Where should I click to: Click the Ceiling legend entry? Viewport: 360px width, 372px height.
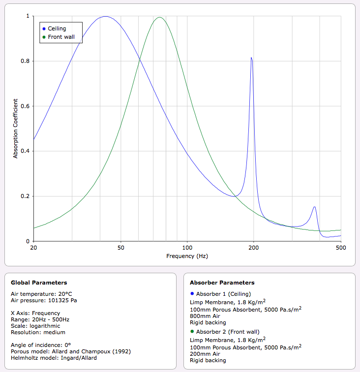(x=57, y=29)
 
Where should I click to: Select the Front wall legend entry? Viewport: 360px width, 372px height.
(x=61, y=37)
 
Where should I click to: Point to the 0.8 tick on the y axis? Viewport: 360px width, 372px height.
(x=27, y=61)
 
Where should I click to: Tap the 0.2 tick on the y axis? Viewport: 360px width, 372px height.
(x=27, y=197)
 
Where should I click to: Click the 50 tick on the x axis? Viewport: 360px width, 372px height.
(x=121, y=247)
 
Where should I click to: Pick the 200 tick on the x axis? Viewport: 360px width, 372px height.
(x=254, y=247)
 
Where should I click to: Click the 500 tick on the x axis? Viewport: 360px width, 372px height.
(x=341, y=247)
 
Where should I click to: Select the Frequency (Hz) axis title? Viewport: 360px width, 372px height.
(x=187, y=256)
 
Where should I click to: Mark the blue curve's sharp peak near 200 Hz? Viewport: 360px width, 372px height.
(x=251, y=58)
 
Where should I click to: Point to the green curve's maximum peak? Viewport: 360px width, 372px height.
(x=159, y=18)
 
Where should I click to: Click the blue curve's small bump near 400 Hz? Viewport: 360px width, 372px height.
(x=314, y=207)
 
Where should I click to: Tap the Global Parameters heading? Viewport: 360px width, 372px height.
(x=39, y=283)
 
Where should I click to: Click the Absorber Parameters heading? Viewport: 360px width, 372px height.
(x=222, y=283)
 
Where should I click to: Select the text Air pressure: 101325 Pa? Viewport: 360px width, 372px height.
(x=44, y=300)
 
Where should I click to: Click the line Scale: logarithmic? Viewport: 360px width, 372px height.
(x=35, y=325)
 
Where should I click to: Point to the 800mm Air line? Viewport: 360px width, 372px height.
(x=204, y=316)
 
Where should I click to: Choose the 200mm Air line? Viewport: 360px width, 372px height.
(x=204, y=354)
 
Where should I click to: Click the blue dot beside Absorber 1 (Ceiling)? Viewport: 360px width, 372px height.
(x=192, y=294)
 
